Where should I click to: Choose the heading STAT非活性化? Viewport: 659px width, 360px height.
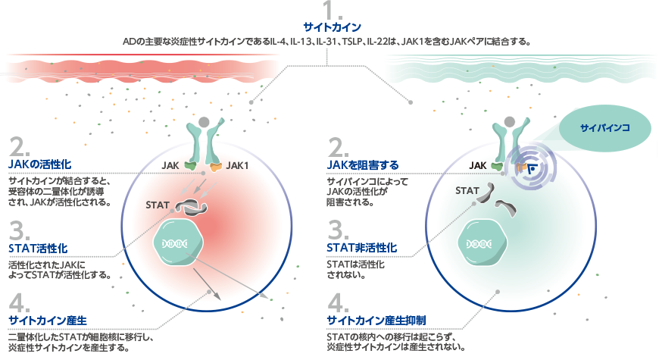[361, 248]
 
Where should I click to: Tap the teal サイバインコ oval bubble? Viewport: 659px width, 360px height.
[605, 127]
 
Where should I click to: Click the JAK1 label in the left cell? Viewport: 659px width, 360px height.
[238, 165]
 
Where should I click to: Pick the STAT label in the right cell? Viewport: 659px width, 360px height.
[467, 190]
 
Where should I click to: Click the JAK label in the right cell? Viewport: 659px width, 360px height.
[478, 165]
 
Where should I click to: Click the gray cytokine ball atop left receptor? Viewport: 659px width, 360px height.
[204, 121]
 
